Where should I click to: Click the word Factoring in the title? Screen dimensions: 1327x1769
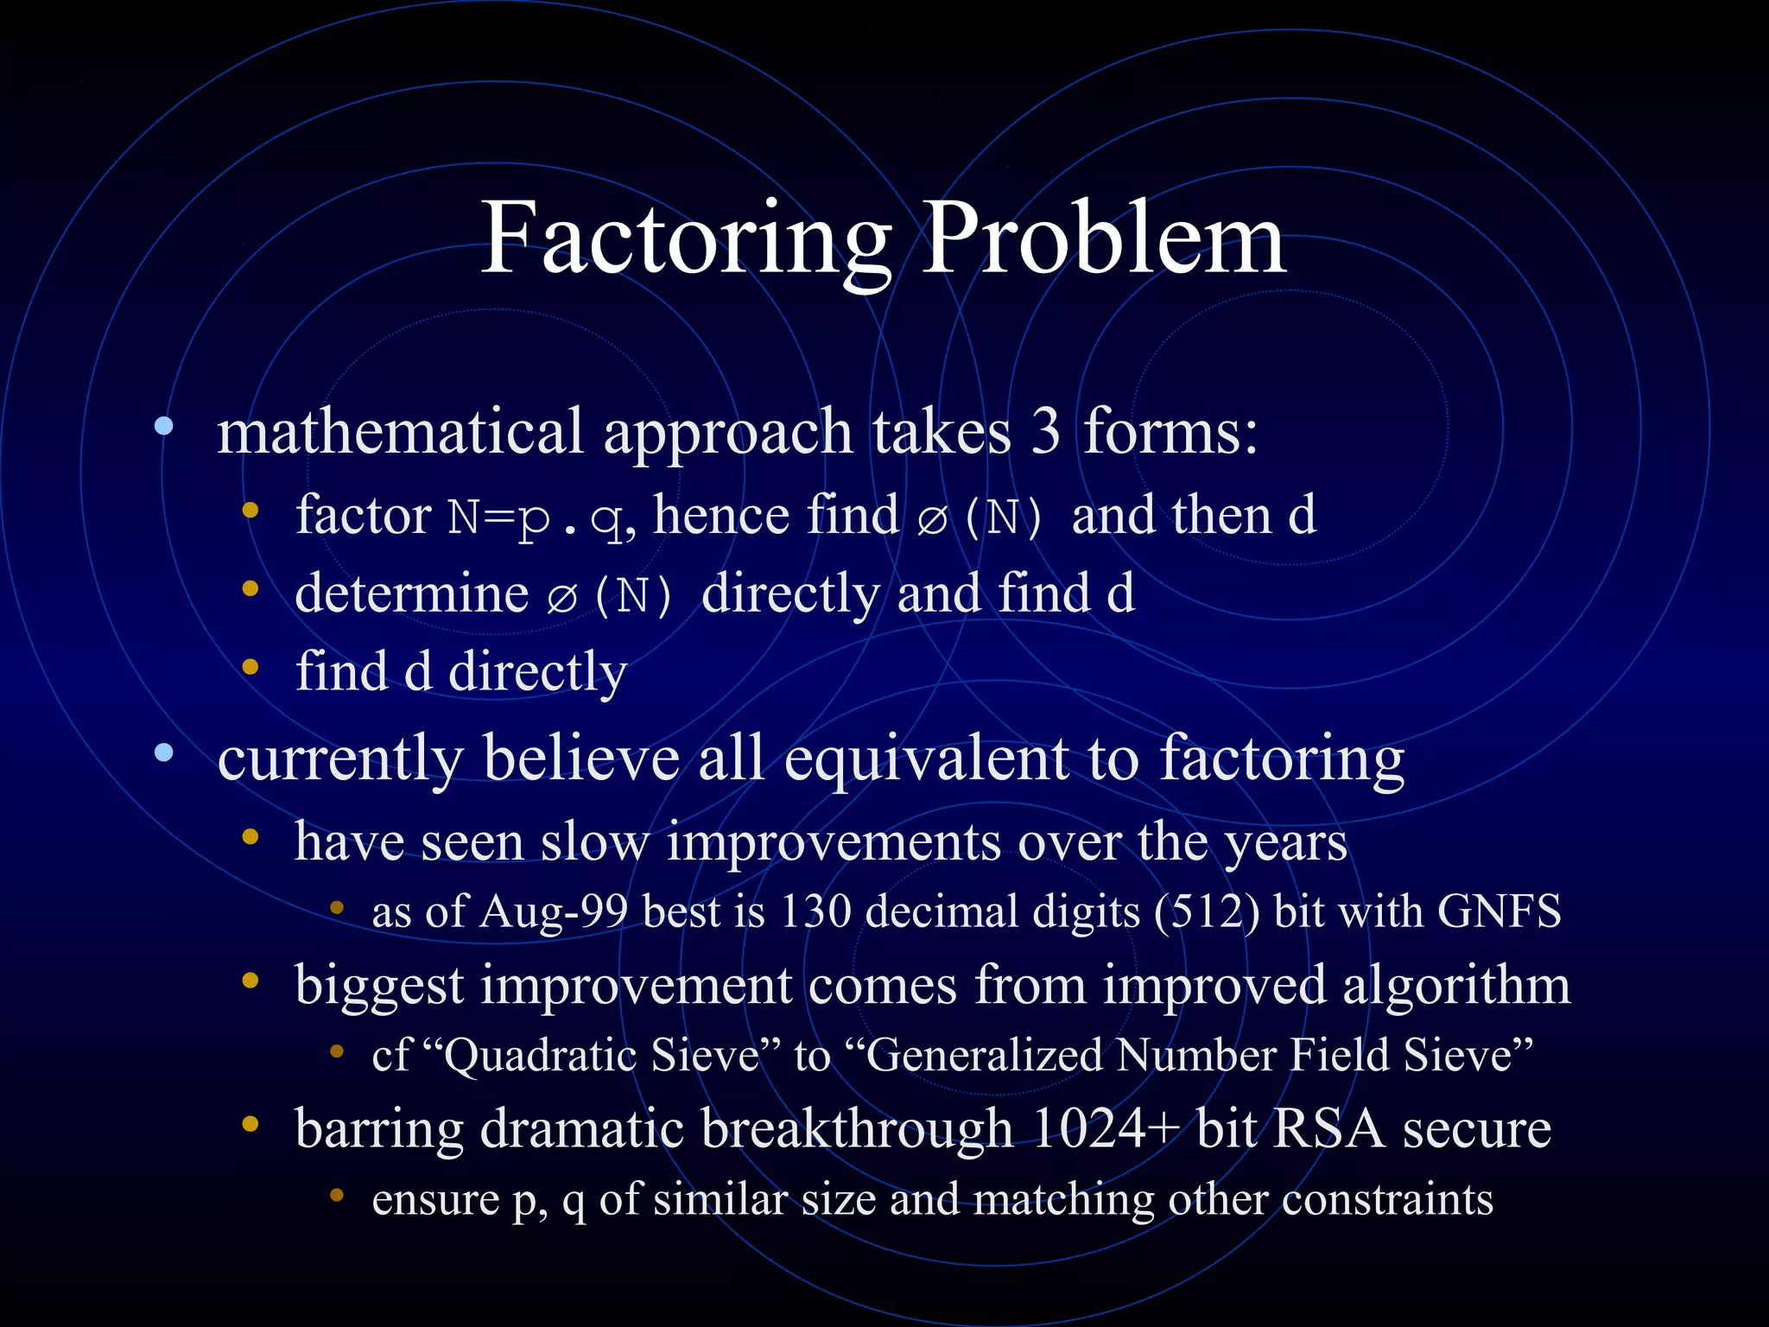pyautogui.click(x=685, y=239)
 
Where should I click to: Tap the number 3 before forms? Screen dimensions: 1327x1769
pyautogui.click(x=1045, y=432)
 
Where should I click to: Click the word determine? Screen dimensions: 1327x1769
pyautogui.click(x=412, y=594)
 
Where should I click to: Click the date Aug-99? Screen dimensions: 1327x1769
pyautogui.click(x=553, y=912)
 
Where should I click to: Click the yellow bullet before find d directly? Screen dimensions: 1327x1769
pyautogui.click(x=250, y=667)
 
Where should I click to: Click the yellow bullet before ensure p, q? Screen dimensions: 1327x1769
pyautogui.click(x=337, y=1196)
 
